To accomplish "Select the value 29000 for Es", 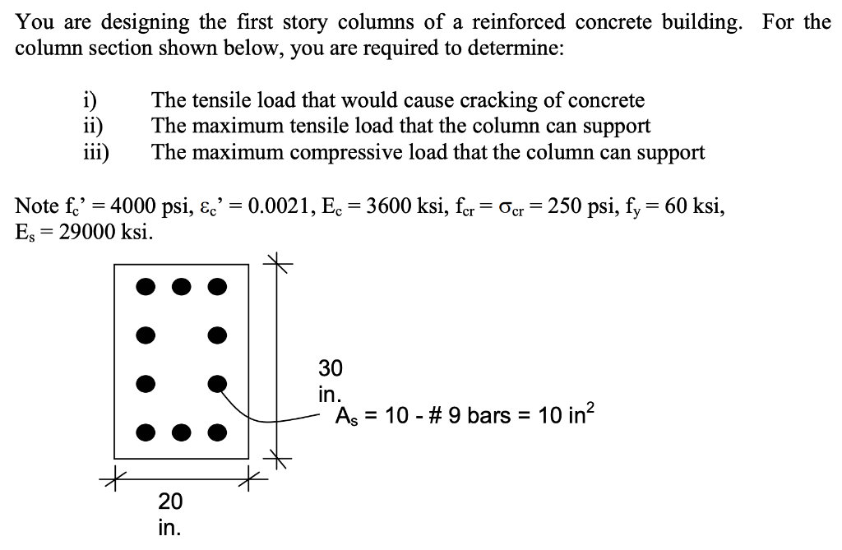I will point(87,231).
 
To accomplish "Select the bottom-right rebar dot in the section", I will point(217,431).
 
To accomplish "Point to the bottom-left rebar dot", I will point(145,431).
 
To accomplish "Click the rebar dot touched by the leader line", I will point(217,382).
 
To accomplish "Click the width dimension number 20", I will point(170,501).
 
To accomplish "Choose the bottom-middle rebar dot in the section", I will point(182,431).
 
